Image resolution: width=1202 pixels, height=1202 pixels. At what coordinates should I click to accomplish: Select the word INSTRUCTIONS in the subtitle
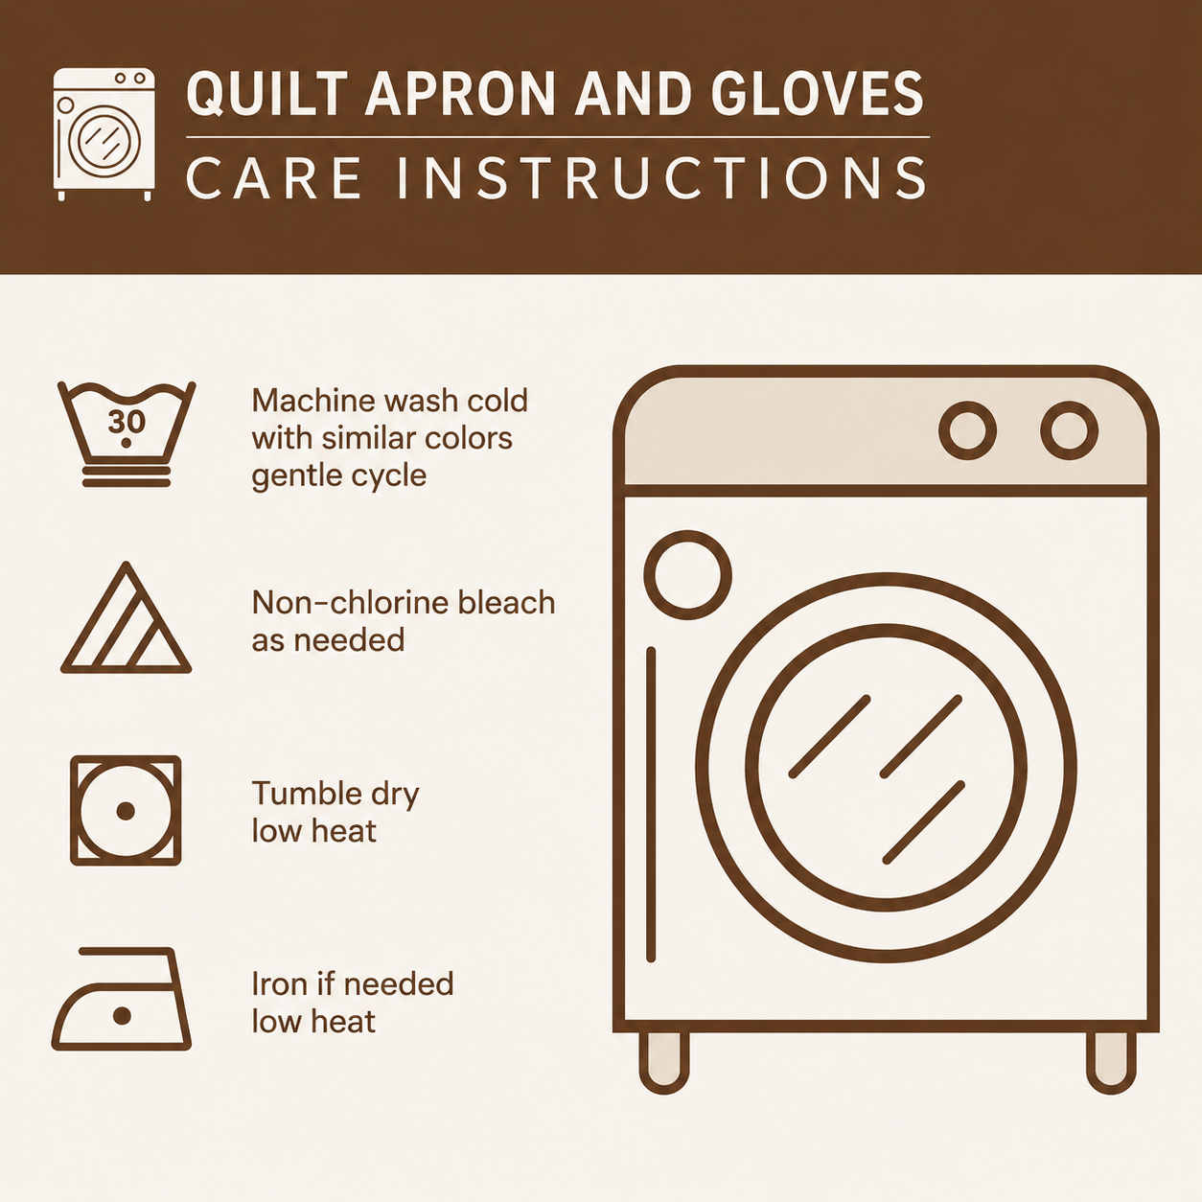tap(662, 177)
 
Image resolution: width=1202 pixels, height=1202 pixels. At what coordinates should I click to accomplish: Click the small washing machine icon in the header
tap(104, 133)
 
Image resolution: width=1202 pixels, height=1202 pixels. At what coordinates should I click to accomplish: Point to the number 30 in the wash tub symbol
tap(127, 423)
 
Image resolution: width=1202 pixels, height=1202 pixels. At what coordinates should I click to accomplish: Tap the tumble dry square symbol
tap(126, 810)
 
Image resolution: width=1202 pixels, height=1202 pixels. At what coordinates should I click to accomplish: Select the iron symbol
tap(122, 999)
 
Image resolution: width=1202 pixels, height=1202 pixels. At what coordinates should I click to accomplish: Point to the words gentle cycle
tap(338, 476)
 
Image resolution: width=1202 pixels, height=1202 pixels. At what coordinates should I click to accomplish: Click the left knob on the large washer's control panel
tap(967, 430)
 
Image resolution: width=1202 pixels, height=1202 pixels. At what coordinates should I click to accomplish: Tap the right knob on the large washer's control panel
tap(1069, 430)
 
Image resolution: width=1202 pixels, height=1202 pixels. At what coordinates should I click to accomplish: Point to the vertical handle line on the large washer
tap(651, 804)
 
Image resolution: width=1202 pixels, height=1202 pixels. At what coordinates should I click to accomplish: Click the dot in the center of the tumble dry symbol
tap(126, 811)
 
